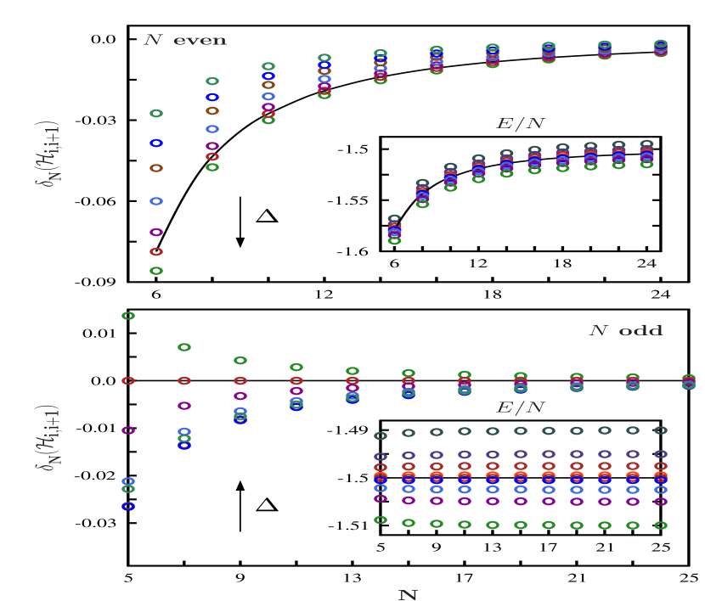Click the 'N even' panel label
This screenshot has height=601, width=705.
click(184, 41)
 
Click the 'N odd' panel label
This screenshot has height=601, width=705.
click(626, 331)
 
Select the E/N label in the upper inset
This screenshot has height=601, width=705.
click(520, 124)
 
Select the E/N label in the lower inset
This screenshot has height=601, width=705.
click(520, 408)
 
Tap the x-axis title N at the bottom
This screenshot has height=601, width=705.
click(408, 595)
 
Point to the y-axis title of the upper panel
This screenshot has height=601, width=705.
click(53, 153)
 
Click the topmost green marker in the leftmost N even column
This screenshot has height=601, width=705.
click(156, 113)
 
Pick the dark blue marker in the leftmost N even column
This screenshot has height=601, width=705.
click(156, 143)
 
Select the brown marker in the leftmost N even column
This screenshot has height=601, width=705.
click(156, 168)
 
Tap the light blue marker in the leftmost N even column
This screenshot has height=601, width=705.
click(156, 201)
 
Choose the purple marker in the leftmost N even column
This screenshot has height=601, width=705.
click(156, 232)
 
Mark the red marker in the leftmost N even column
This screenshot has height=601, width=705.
click(156, 252)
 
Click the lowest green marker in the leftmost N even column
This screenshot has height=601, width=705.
click(156, 271)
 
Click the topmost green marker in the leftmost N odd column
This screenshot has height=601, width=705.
click(128, 316)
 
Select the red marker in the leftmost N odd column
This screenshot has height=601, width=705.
click(128, 380)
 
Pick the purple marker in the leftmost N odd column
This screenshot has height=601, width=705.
click(128, 430)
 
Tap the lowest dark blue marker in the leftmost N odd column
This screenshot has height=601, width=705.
click(128, 507)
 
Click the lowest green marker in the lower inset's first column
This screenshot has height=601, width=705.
click(381, 520)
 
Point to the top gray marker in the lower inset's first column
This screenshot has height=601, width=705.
click(381, 435)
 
